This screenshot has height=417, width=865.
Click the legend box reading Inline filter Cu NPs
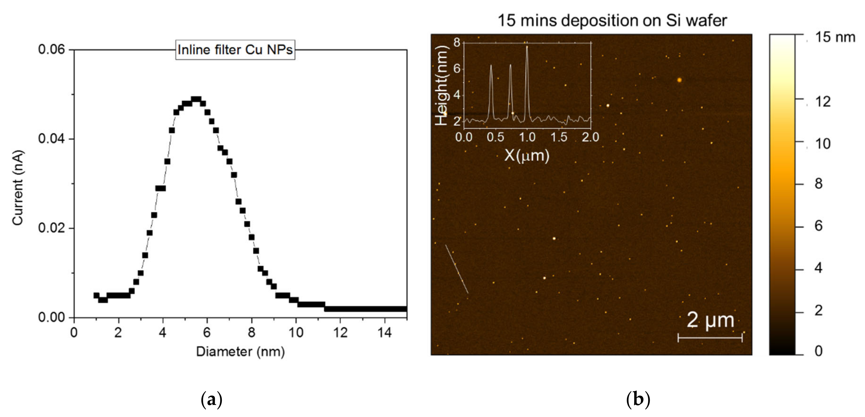pyautogui.click(x=235, y=50)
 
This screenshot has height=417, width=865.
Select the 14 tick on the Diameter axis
pyautogui.click(x=385, y=333)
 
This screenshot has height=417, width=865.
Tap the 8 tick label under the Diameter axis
pyautogui.click(x=251, y=333)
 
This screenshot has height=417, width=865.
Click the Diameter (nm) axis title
pyautogui.click(x=240, y=351)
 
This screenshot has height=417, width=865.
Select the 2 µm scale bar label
pyautogui.click(x=710, y=320)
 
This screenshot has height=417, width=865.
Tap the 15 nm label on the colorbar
pyautogui.click(x=835, y=37)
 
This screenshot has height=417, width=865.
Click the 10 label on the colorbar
pyautogui.click(x=823, y=144)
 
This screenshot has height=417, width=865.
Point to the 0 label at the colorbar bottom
pyautogui.click(x=819, y=351)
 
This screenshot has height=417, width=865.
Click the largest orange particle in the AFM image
pyautogui.click(x=679, y=80)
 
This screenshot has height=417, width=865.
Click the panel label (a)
pyautogui.click(x=211, y=399)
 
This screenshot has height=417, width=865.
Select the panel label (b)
pyautogui.click(x=638, y=399)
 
